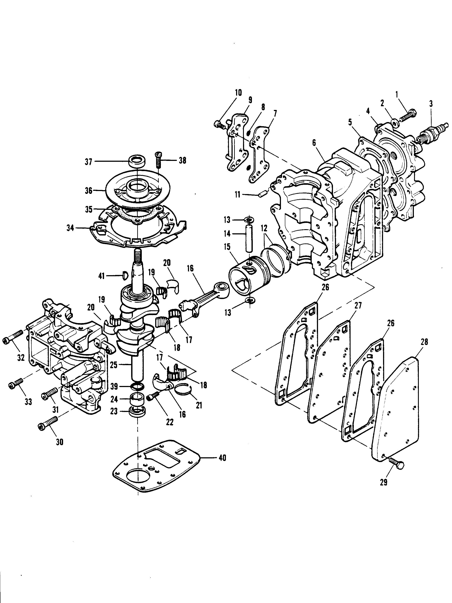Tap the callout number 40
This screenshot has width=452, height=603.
click(x=222, y=458)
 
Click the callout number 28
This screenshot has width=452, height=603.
click(x=424, y=342)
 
